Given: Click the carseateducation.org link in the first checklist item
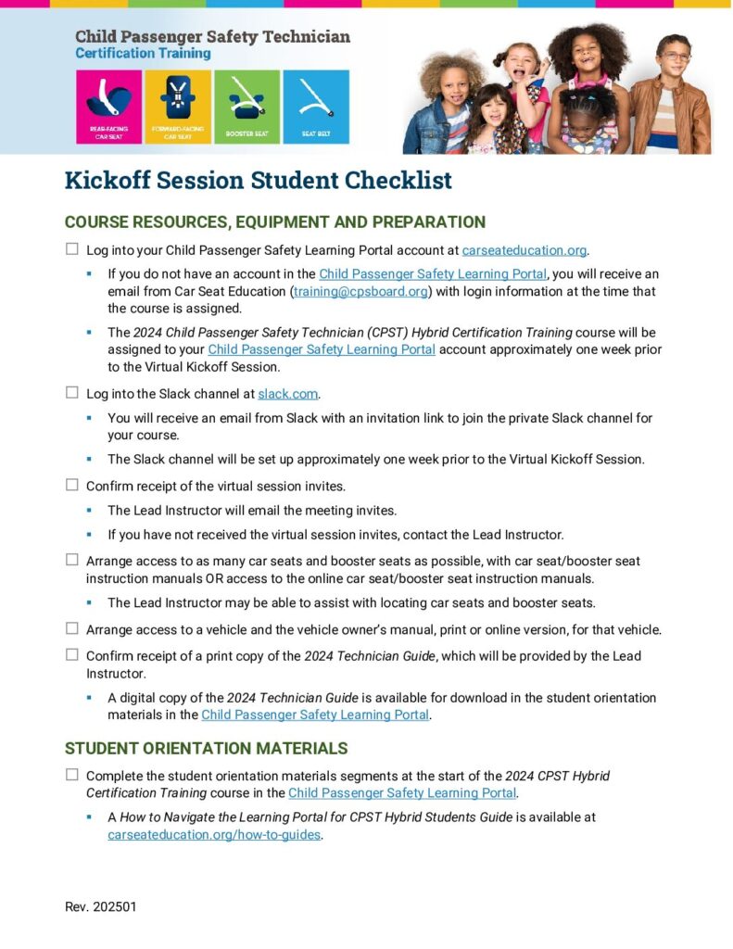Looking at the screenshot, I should pyautogui.click(x=524, y=250).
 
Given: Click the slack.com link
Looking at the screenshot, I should pyautogui.click(x=288, y=393).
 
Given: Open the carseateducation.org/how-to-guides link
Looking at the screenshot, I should pyautogui.click(x=214, y=834).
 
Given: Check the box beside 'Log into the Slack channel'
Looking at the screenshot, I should pyautogui.click(x=72, y=392).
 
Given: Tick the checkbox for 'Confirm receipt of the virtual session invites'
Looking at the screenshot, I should pyautogui.click(x=72, y=485).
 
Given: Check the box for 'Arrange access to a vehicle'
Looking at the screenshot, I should pyautogui.click(x=72, y=628).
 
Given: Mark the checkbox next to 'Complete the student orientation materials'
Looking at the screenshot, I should pyautogui.click(x=72, y=775).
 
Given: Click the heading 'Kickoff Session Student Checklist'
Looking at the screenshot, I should pyautogui.click(x=258, y=180).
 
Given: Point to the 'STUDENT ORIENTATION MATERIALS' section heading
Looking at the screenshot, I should pyautogui.click(x=206, y=748).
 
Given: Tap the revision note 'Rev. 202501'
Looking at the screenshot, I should pyautogui.click(x=100, y=906).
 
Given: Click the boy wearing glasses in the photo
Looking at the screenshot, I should pyautogui.click(x=674, y=93).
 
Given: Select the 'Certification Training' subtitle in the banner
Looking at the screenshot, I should pyautogui.click(x=143, y=54).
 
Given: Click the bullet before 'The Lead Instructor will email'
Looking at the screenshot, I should pyautogui.click(x=89, y=511).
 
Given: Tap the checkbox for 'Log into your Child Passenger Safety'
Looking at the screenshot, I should pyautogui.click(x=72, y=249).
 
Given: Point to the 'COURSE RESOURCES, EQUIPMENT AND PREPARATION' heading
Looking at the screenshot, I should pyautogui.click(x=275, y=222).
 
